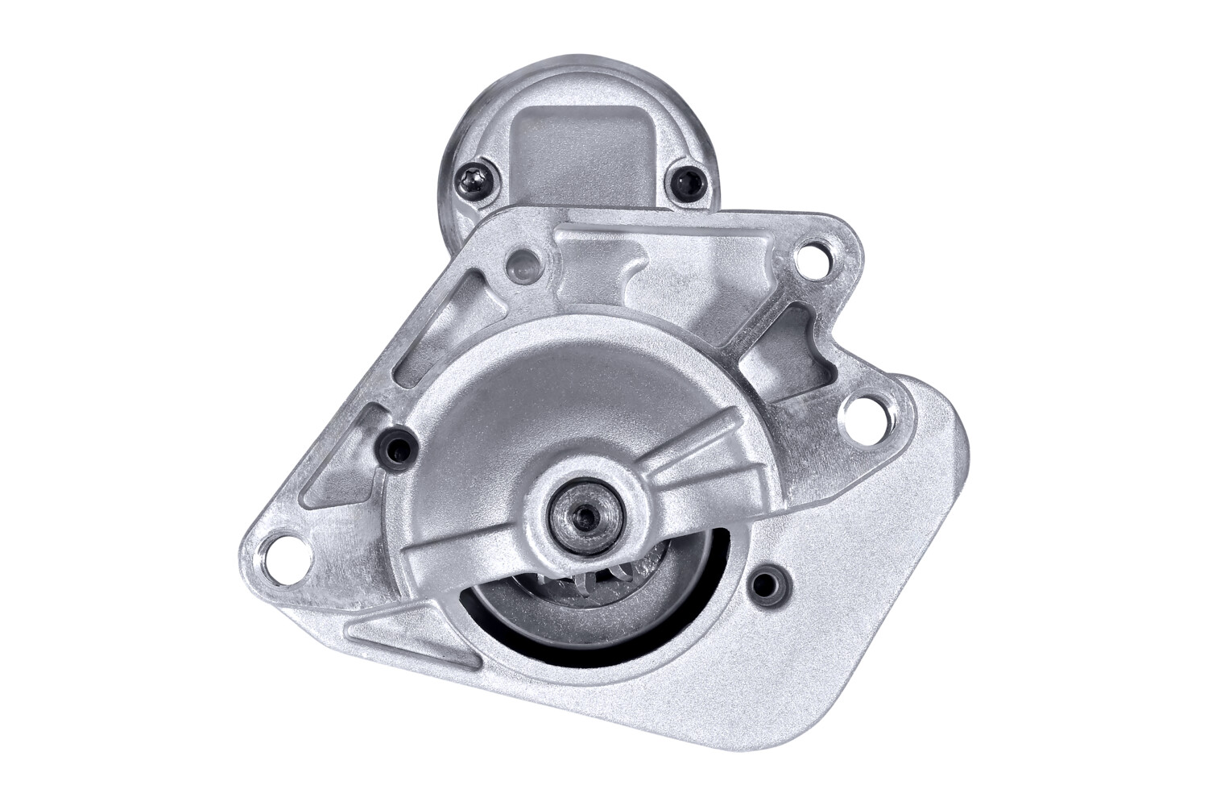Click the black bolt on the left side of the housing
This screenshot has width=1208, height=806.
point(398,442)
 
